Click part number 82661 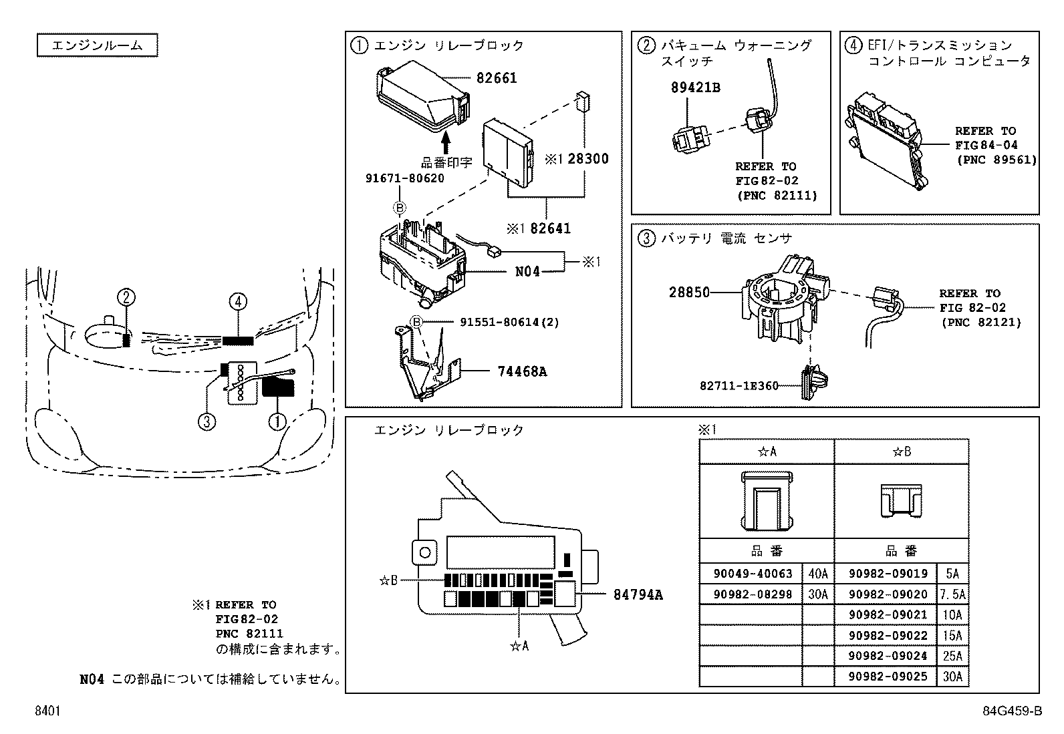click(x=497, y=78)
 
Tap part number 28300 click(x=588, y=159)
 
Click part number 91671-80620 click(x=404, y=179)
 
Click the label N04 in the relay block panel click(x=527, y=272)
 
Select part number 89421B click(x=696, y=87)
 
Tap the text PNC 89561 click(x=996, y=160)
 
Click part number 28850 click(x=689, y=292)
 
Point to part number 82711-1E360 click(x=739, y=386)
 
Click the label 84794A click(x=638, y=594)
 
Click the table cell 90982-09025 click(x=888, y=677)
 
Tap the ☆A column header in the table click(x=767, y=451)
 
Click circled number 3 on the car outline click(x=207, y=421)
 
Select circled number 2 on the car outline click(x=127, y=297)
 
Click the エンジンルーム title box click(x=97, y=45)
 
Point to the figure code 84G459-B click(x=1012, y=712)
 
